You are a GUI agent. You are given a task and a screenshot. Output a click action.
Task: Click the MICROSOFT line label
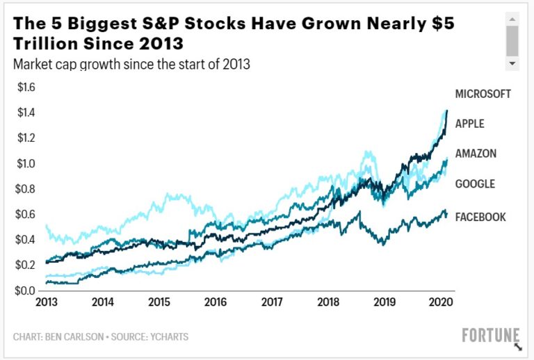(x=483, y=94)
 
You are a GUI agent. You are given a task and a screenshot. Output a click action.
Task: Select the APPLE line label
(x=469, y=124)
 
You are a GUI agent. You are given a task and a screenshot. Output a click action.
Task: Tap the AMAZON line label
(x=476, y=154)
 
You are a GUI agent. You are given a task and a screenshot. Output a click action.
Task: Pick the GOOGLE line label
(x=475, y=184)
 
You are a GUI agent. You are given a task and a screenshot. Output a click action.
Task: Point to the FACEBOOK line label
(x=480, y=217)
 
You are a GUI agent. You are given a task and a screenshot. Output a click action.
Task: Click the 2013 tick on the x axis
(x=47, y=303)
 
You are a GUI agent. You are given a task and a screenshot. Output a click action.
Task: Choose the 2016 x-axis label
(x=216, y=303)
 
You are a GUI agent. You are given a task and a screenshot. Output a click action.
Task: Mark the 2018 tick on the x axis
(x=328, y=303)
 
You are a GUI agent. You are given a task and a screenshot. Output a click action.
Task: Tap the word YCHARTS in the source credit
(x=167, y=337)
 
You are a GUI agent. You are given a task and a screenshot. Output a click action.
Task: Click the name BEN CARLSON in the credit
(x=75, y=337)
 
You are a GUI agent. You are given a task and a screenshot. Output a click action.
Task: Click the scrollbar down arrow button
(x=513, y=63)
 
